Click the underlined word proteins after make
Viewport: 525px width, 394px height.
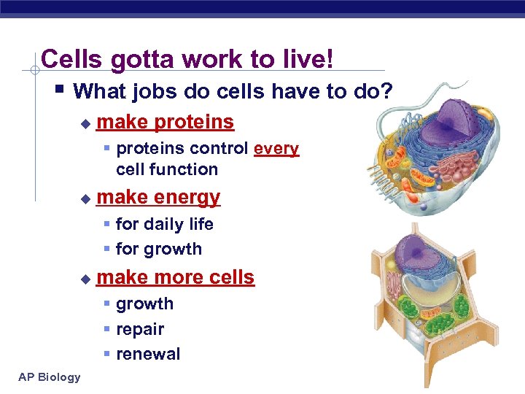click(x=195, y=122)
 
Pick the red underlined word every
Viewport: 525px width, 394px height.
click(x=276, y=149)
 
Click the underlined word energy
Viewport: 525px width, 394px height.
click(x=187, y=198)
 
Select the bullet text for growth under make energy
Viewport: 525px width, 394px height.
click(x=159, y=249)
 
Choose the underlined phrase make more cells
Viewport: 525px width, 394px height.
click(x=176, y=278)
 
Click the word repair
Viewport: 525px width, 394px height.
click(x=140, y=329)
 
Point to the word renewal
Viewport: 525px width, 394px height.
click(x=148, y=355)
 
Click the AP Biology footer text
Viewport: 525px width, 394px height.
click(x=50, y=376)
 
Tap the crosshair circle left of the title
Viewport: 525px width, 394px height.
click(x=34, y=71)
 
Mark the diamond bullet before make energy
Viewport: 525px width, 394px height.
click(x=85, y=198)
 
